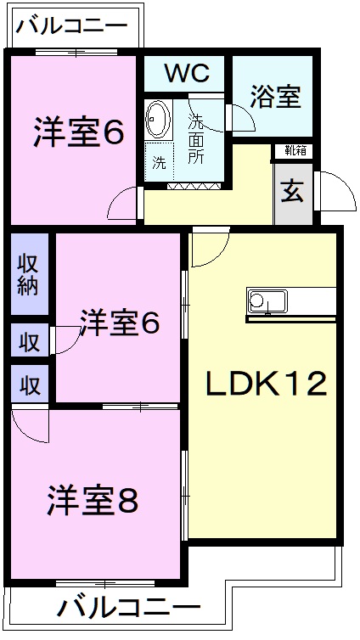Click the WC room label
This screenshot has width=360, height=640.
(x=186, y=74)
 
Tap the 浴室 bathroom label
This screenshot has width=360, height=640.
(x=276, y=96)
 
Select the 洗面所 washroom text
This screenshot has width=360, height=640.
(x=196, y=139)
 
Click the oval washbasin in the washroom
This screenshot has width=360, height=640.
(x=158, y=119)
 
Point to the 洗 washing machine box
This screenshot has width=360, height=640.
(x=159, y=163)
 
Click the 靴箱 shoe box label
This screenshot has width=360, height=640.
(x=295, y=152)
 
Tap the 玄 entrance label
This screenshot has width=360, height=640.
(x=293, y=192)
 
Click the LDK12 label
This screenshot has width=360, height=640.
(x=266, y=384)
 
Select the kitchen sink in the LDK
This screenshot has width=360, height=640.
(x=267, y=300)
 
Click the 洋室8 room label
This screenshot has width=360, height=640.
(x=93, y=501)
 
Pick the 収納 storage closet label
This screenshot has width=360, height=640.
(x=29, y=273)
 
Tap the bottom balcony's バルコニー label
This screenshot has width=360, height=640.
(x=129, y=609)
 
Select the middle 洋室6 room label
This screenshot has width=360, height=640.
(x=120, y=323)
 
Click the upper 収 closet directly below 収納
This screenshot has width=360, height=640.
(x=29, y=342)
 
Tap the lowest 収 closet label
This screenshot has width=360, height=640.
(x=29, y=385)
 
